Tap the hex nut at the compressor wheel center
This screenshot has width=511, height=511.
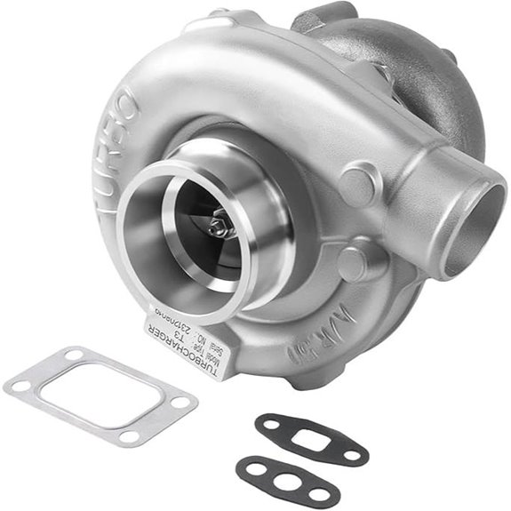point(218,228)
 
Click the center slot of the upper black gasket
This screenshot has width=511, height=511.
point(307,438)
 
